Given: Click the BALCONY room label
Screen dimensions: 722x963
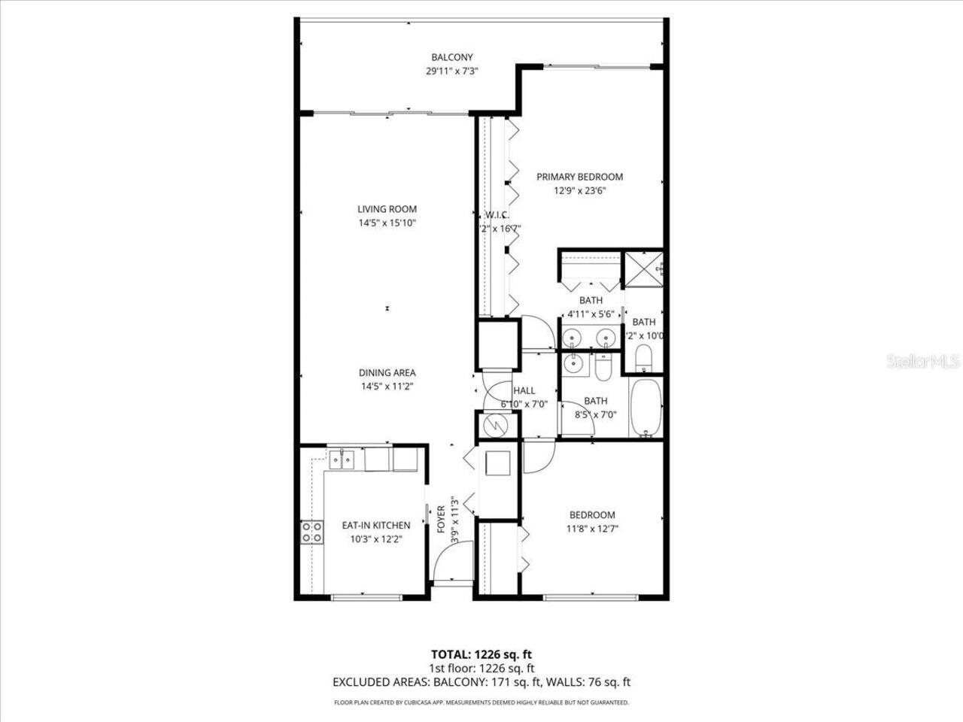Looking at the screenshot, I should pyautogui.click(x=451, y=57).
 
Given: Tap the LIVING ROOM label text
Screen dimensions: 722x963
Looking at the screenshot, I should pyautogui.click(x=387, y=209).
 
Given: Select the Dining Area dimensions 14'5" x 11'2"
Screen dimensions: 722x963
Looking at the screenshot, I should pyautogui.click(x=387, y=387).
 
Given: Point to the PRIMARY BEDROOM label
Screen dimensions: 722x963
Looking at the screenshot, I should pyautogui.click(x=579, y=177).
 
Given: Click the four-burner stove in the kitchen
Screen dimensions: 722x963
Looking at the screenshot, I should pyautogui.click(x=312, y=532).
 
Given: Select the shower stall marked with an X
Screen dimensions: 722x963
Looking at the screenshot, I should pyautogui.click(x=643, y=267).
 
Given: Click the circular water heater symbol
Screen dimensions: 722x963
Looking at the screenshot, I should pyautogui.click(x=497, y=426).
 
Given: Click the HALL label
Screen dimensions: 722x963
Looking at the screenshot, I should pyautogui.click(x=524, y=390).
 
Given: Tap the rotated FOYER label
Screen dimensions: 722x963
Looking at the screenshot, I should pyautogui.click(x=442, y=520).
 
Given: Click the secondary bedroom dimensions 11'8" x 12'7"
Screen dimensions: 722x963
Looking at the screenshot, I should pyautogui.click(x=591, y=529).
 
